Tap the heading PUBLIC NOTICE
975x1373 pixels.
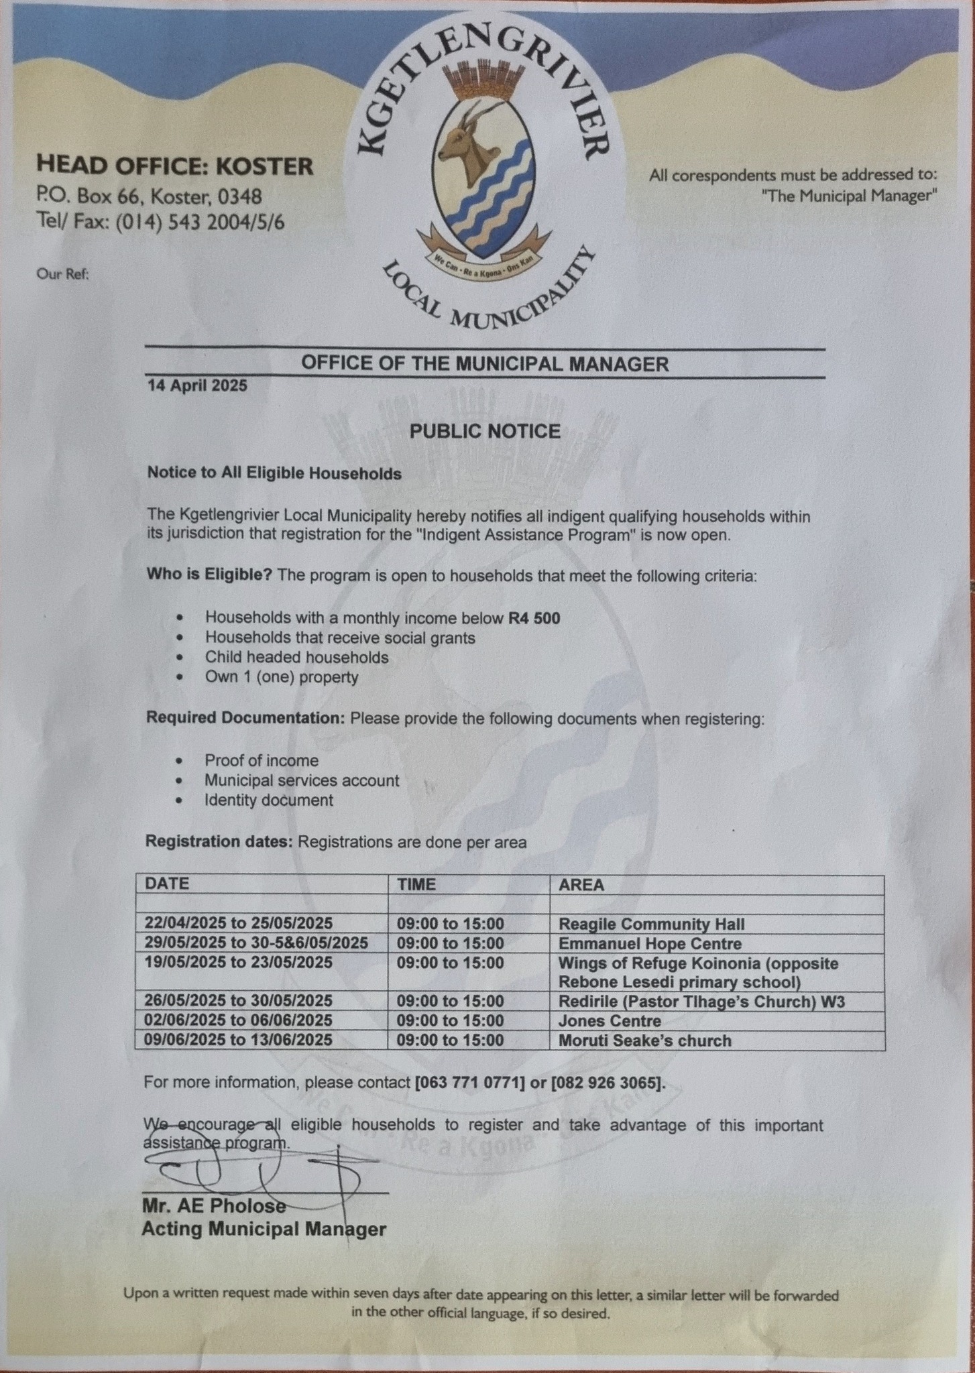(485, 431)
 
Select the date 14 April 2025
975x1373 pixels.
(197, 386)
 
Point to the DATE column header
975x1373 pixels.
(167, 884)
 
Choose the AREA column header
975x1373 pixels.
(581, 885)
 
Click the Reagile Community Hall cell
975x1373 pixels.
(651, 924)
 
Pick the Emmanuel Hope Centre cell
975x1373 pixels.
(650, 944)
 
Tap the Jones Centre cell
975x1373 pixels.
(610, 1021)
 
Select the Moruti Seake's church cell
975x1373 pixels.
(644, 1040)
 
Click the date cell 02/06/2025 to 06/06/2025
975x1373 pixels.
(239, 1020)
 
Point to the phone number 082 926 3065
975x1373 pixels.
(606, 1083)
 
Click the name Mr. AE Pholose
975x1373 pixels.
(213, 1205)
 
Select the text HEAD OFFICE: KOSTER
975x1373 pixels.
(174, 166)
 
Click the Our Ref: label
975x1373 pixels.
(63, 274)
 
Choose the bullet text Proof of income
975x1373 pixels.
(262, 761)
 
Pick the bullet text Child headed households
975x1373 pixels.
(296, 657)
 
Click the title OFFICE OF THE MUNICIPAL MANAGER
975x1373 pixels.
(484, 364)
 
